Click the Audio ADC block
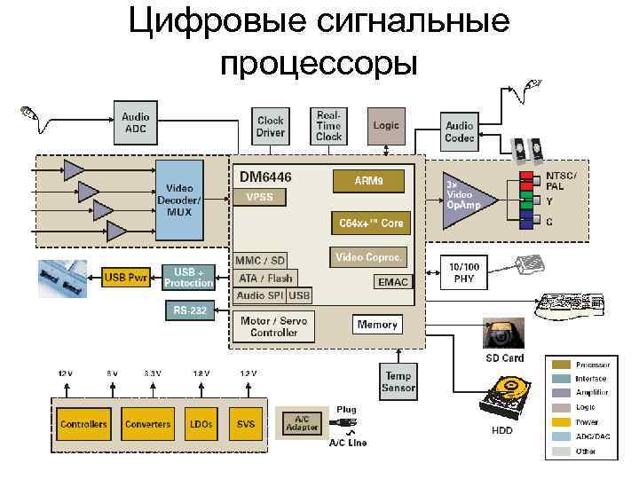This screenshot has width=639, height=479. tap(135, 122)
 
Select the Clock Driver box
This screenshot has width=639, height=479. tap(271, 127)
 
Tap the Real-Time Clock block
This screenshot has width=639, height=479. tap(328, 126)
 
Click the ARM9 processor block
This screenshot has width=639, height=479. tap(368, 181)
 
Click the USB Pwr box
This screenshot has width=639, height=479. tap(126, 277)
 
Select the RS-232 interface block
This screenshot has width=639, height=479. tap(188, 311)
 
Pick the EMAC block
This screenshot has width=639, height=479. tap(392, 282)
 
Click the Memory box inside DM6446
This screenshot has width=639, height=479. tap(377, 325)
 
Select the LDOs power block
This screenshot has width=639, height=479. tap(200, 424)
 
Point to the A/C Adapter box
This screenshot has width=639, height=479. tap(303, 423)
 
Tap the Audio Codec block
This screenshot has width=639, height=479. tap(460, 132)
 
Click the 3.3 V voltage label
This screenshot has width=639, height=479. tap(152, 373)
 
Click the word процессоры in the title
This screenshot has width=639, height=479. tap(319, 63)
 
